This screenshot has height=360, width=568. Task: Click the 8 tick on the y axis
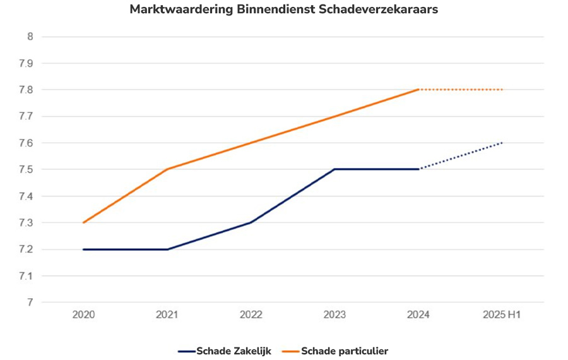[29, 37]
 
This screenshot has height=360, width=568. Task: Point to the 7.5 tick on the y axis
[26, 169]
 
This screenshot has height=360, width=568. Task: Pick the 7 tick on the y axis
[29, 303]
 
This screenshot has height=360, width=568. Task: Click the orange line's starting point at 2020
[83, 222]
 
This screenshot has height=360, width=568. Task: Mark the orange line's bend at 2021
[167, 169]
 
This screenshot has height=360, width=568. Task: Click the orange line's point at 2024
[418, 90]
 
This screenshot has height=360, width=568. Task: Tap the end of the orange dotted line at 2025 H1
[502, 90]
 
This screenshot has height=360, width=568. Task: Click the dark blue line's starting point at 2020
[83, 249]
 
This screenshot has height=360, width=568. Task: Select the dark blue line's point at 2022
[251, 222]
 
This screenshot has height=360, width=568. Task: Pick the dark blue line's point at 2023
[334, 169]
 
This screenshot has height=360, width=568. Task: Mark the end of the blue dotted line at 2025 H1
[502, 143]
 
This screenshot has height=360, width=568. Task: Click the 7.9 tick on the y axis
[26, 63]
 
